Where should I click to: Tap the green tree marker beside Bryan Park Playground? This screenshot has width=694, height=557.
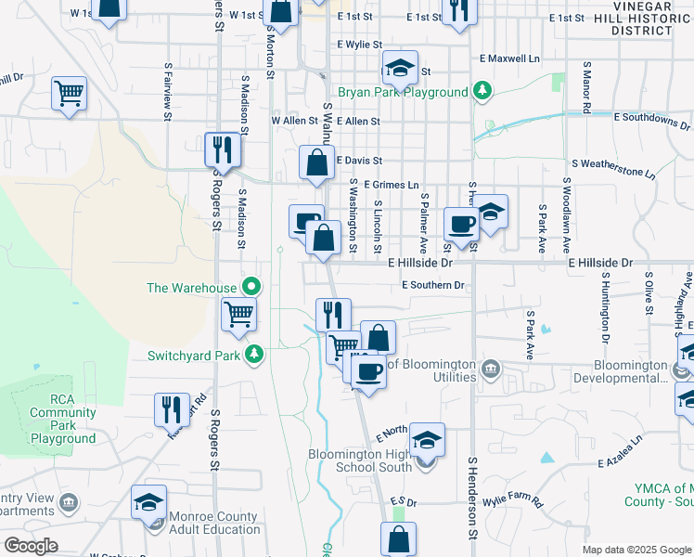482,91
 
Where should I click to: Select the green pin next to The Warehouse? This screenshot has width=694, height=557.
250,287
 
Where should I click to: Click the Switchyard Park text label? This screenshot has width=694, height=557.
194,355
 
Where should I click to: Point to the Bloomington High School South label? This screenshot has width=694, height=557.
360,460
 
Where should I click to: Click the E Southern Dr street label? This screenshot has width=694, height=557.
431,285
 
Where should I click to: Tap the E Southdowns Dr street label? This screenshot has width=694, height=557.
652,118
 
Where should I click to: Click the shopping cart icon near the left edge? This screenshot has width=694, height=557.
70,94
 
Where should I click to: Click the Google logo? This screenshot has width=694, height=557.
32,546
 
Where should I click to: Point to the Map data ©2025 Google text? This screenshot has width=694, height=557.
636,550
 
